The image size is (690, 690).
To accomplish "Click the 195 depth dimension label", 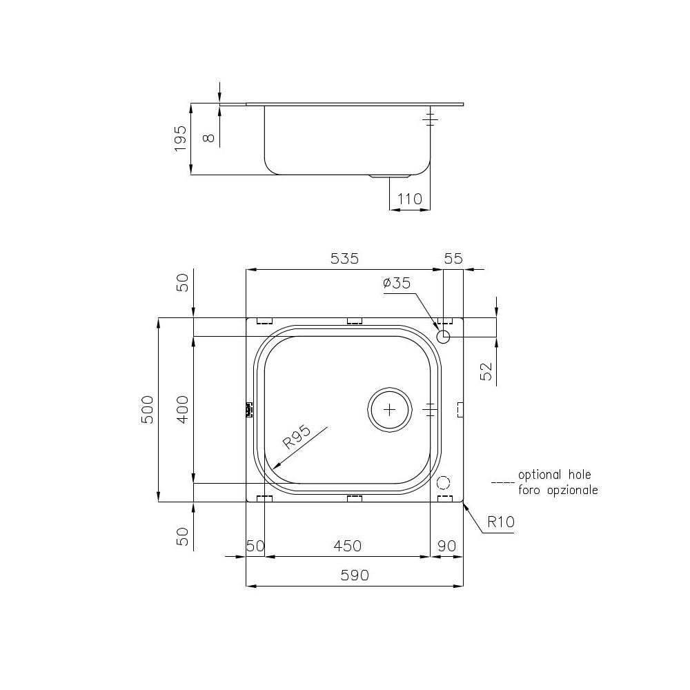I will [180, 139].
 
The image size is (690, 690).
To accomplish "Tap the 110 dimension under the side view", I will [410, 199].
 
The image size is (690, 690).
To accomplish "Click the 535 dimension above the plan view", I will [345, 259].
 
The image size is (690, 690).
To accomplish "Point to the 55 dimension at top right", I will [453, 259].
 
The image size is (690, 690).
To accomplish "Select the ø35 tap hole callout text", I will [396, 283].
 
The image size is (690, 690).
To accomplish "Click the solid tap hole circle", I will [443, 337].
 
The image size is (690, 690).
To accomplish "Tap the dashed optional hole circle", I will [443, 482].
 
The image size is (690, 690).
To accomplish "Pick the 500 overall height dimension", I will [147, 409].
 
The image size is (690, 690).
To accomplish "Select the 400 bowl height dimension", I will [182, 409].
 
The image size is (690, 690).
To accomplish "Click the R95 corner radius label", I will [297, 439].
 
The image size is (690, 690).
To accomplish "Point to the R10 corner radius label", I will [500, 522].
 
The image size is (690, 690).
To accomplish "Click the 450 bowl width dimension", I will [347, 546].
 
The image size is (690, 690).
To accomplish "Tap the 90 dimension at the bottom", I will [446, 546].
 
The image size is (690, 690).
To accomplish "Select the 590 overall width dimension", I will [354, 575].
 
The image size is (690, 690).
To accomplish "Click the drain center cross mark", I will [390, 408].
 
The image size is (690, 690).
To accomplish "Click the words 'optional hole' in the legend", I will [554, 475].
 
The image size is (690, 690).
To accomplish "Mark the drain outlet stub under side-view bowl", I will [379, 177].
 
